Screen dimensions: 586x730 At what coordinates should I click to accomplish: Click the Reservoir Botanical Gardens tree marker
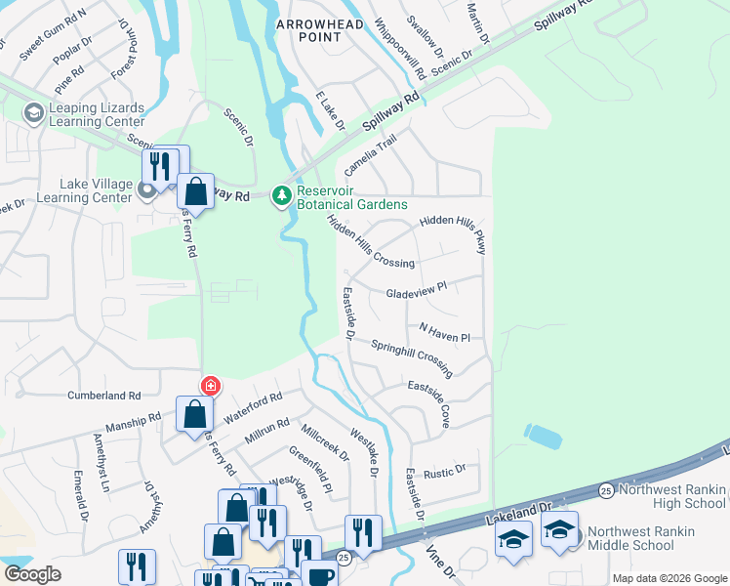point(282,196)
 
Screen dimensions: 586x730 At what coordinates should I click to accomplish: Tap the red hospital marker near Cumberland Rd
point(210,386)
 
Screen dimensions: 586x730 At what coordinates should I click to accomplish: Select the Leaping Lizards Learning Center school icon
point(34,114)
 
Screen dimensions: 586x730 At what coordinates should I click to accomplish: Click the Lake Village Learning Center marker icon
point(146,189)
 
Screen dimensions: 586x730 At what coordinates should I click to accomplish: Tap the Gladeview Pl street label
point(416,289)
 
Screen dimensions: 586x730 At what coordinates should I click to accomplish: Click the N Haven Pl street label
point(445,333)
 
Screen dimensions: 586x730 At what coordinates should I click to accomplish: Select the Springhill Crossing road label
point(411,356)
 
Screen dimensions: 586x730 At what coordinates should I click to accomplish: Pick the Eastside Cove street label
point(429,402)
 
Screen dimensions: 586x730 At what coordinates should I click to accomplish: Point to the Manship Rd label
point(136,421)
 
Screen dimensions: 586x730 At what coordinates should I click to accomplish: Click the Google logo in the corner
point(32,574)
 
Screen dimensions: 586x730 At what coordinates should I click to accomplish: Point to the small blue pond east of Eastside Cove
point(543,436)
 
